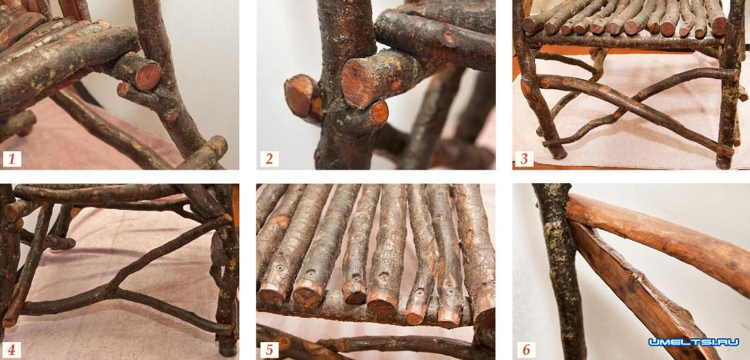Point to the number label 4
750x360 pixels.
coord(12,350)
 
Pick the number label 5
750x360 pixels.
coord(269,350)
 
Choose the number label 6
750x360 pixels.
coord(526,350)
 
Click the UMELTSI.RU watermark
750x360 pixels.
coord(694,342)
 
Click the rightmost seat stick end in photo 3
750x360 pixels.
coord(719,26)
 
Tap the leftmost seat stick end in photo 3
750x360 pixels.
coord(530,24)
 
